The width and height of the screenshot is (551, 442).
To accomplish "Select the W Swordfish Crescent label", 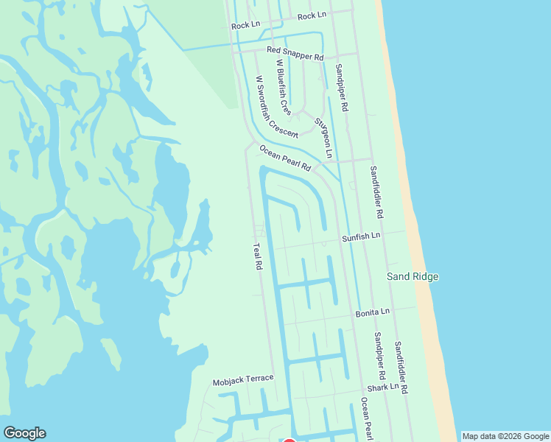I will click(276, 107).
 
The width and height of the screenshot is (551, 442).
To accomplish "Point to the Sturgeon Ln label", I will click(323, 138).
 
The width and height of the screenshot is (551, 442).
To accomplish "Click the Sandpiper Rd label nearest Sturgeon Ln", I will click(341, 87).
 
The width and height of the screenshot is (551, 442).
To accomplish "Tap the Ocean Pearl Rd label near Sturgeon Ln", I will click(286, 159).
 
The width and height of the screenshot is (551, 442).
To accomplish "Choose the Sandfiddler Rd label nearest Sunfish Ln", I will click(376, 192).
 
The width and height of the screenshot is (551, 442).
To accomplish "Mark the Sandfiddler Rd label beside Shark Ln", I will click(401, 366).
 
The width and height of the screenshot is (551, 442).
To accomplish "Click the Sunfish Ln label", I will click(361, 236).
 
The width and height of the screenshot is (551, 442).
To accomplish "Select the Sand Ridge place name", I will click(413, 276).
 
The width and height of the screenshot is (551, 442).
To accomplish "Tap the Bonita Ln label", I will click(372, 312).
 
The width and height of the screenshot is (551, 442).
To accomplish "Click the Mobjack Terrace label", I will click(243, 381).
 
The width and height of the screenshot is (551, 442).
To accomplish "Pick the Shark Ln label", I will click(383, 386).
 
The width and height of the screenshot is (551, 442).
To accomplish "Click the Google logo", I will click(24, 433).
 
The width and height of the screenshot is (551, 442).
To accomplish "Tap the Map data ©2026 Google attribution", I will click(505, 436).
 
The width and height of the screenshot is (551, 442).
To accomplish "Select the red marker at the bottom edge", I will click(289, 440).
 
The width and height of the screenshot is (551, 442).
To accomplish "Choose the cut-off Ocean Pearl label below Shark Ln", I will click(364, 420).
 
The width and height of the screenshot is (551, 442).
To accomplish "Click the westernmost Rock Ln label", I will click(246, 25).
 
